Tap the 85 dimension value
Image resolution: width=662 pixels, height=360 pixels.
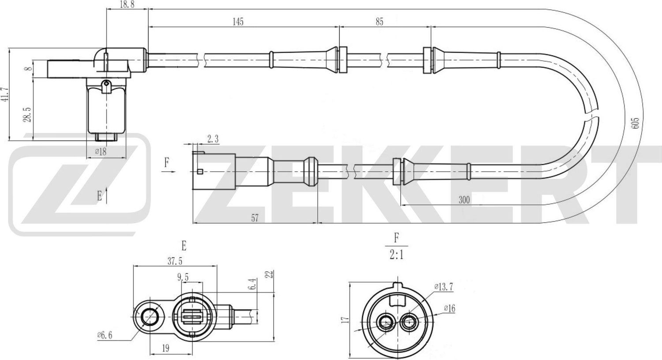tap(379, 21)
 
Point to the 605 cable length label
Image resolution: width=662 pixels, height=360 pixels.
tap(635, 123)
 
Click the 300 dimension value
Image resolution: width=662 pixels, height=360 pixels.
tap(464, 200)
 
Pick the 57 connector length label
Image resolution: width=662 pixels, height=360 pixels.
tap(255, 217)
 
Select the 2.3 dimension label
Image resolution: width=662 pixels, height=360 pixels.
tap(213, 139)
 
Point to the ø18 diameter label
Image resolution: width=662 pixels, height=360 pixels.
tap(101, 151)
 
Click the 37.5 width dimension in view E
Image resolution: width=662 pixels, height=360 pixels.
tap(174, 261)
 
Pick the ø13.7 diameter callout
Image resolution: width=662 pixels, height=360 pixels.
tap(444, 287)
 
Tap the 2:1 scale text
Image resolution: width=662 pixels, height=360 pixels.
tap(396, 255)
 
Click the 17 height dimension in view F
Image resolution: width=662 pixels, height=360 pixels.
tap(346, 319)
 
